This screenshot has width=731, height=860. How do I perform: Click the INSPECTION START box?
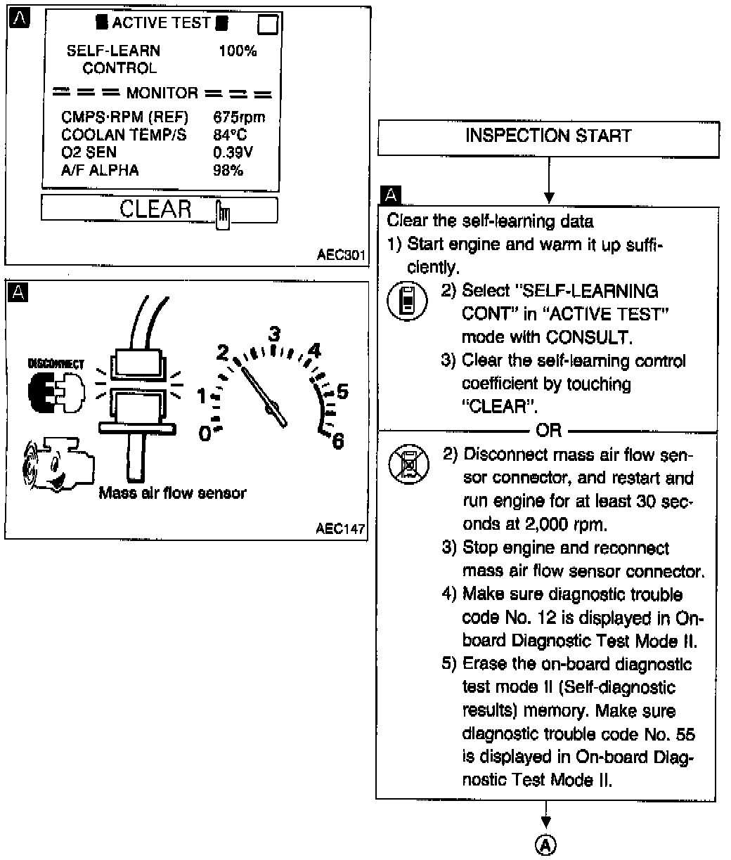point(548,136)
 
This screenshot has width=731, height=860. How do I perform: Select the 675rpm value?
point(238,118)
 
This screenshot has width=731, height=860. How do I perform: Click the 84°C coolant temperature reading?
point(230,135)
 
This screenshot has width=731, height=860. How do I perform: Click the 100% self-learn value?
point(238,51)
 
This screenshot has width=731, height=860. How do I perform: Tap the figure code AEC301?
point(341,255)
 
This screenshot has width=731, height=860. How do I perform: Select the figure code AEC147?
point(341,529)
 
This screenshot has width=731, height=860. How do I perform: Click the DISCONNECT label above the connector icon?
point(56,364)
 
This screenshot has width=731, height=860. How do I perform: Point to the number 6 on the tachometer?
point(337,441)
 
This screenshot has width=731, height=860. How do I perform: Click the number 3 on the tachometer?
point(276,333)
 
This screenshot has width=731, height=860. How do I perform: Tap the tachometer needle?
point(262,393)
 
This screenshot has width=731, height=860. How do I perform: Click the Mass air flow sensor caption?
point(172,493)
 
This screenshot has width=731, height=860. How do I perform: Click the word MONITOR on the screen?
point(162,93)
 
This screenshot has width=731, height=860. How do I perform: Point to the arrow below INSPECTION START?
point(548,183)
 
